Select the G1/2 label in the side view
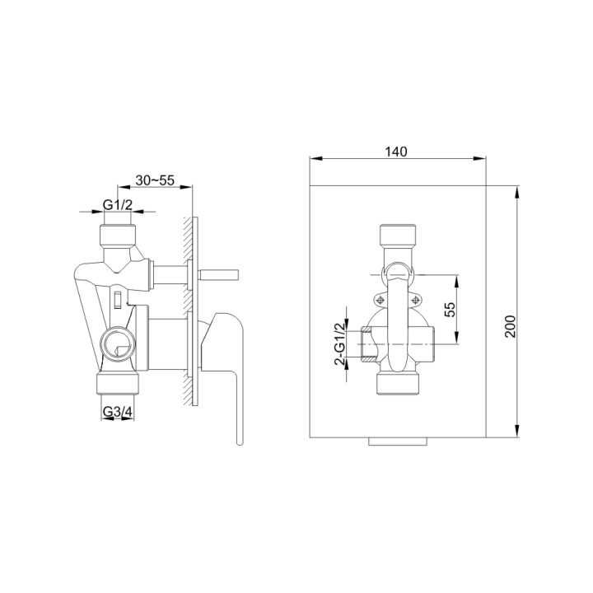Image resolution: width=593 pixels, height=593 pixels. tap(118, 204)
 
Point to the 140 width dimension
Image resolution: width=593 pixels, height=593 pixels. tap(396, 152)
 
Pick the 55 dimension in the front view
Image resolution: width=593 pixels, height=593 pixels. tap(450, 309)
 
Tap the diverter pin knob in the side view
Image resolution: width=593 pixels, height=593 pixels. tap(219, 271)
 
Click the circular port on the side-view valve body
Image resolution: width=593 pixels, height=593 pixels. tap(114, 339)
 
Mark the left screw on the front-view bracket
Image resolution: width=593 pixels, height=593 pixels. tap(380, 300)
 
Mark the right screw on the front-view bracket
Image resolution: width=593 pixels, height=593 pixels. tap(416, 300)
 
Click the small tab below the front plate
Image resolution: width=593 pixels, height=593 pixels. tap(398, 443)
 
